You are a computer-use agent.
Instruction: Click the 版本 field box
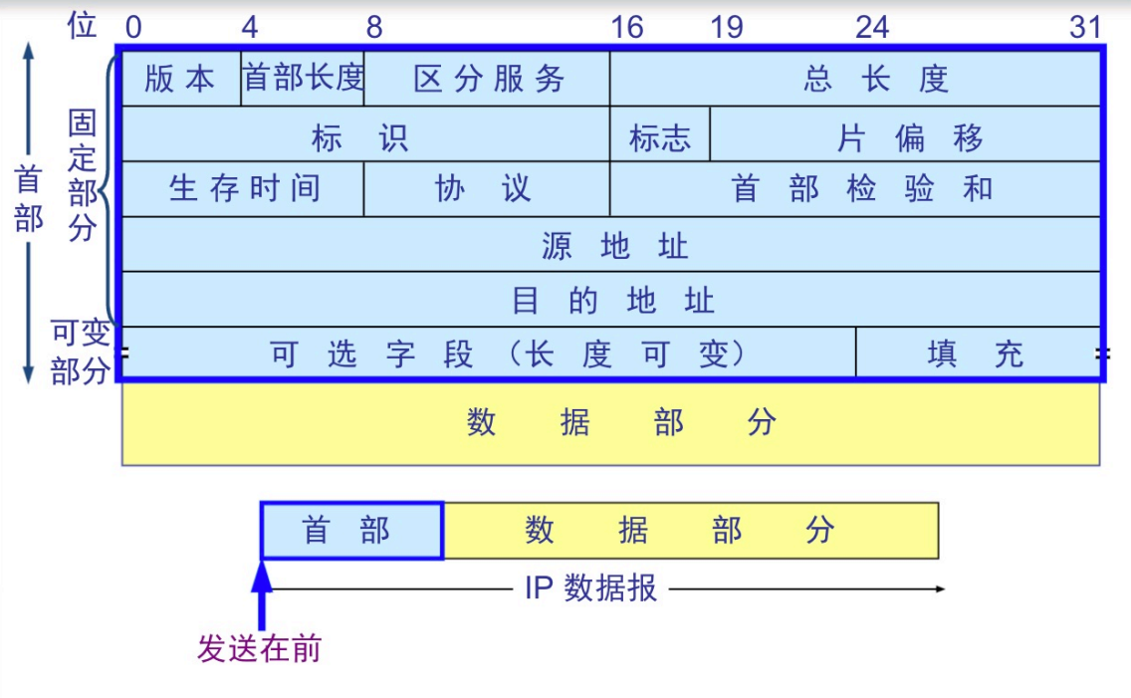pos(180,79)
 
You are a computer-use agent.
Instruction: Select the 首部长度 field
pos(303,79)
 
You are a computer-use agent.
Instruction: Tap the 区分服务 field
pos(488,79)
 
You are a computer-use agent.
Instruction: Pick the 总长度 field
pos(876,79)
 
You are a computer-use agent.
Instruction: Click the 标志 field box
pos(660,137)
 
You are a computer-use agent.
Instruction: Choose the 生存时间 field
pos(243,188)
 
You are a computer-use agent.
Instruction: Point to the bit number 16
pos(627,27)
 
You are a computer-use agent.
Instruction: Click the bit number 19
pos(727,27)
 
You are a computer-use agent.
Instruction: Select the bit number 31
pos(1085,27)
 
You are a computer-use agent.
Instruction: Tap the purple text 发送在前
pos(260,649)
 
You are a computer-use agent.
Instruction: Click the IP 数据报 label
pos(590,588)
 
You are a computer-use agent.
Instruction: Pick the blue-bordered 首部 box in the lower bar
pos(351,531)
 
